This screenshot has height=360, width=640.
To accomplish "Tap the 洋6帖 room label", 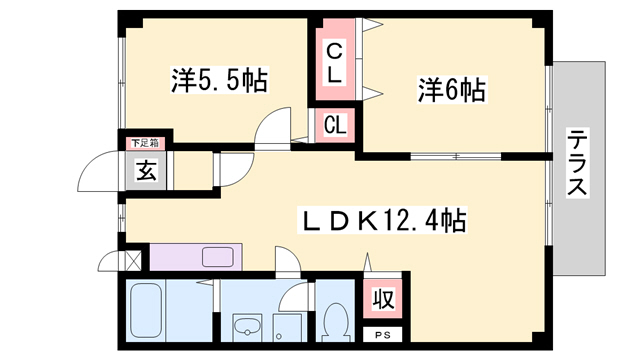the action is pos(451,91).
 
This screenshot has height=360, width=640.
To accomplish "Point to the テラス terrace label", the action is pos(577,163).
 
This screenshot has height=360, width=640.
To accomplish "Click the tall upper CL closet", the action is pos(333,61).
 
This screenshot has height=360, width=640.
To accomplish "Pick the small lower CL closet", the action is pos(335,126).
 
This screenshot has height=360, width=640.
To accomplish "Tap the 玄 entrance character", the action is pos(146,171).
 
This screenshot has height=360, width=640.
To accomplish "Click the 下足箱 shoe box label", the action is pos(146,143).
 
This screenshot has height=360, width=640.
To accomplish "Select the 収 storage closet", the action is pos(383,299).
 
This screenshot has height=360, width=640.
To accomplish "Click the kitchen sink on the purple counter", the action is pos(217,256).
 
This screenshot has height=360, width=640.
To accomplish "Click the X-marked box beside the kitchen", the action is pos(133,261).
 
